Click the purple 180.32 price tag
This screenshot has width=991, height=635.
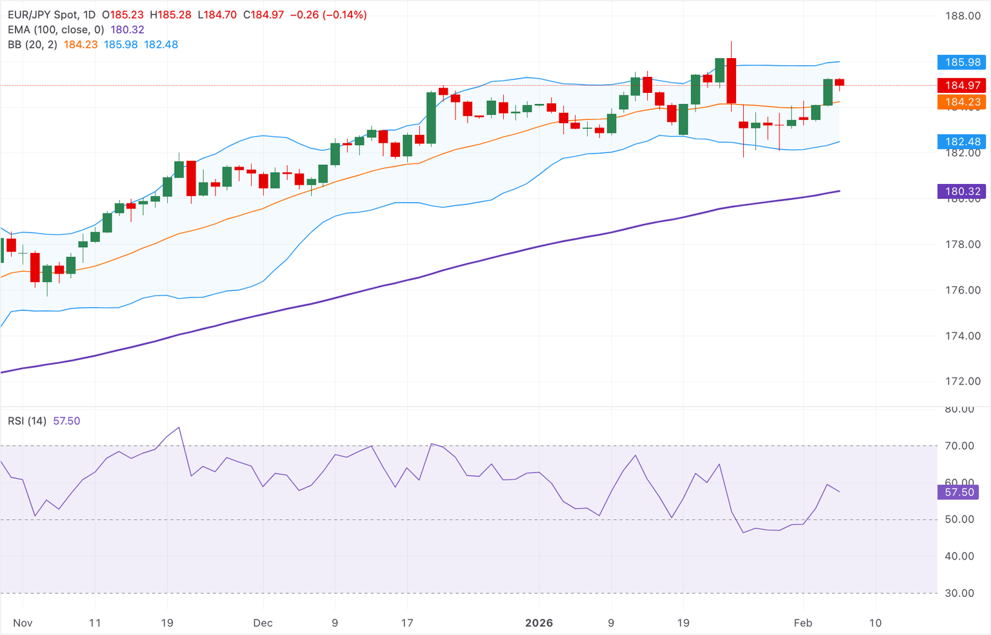tap(962, 191)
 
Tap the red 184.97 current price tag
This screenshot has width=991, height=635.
tap(962, 85)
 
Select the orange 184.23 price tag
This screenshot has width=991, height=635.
tap(962, 102)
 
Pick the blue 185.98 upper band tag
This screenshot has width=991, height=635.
tap(962, 62)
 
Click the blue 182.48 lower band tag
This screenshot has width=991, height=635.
tap(962, 141)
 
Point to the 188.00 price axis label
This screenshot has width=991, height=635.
tap(963, 16)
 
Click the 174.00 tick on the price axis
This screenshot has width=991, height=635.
tap(963, 336)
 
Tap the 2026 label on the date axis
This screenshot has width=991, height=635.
tap(539, 623)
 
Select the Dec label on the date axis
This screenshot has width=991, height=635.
tap(263, 623)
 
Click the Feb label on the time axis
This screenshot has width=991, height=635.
tap(803, 623)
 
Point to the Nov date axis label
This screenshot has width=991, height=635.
tap(23, 623)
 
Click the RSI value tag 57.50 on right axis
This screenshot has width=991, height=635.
tap(959, 492)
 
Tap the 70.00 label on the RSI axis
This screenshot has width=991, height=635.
tap(959, 446)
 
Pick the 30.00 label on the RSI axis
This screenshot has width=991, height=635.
tap(959, 593)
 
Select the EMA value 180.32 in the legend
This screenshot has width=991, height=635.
tap(127, 30)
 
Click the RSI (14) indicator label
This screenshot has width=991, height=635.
tap(27, 421)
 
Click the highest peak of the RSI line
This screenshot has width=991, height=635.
tap(179, 427)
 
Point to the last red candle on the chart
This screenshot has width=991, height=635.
tap(839, 82)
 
